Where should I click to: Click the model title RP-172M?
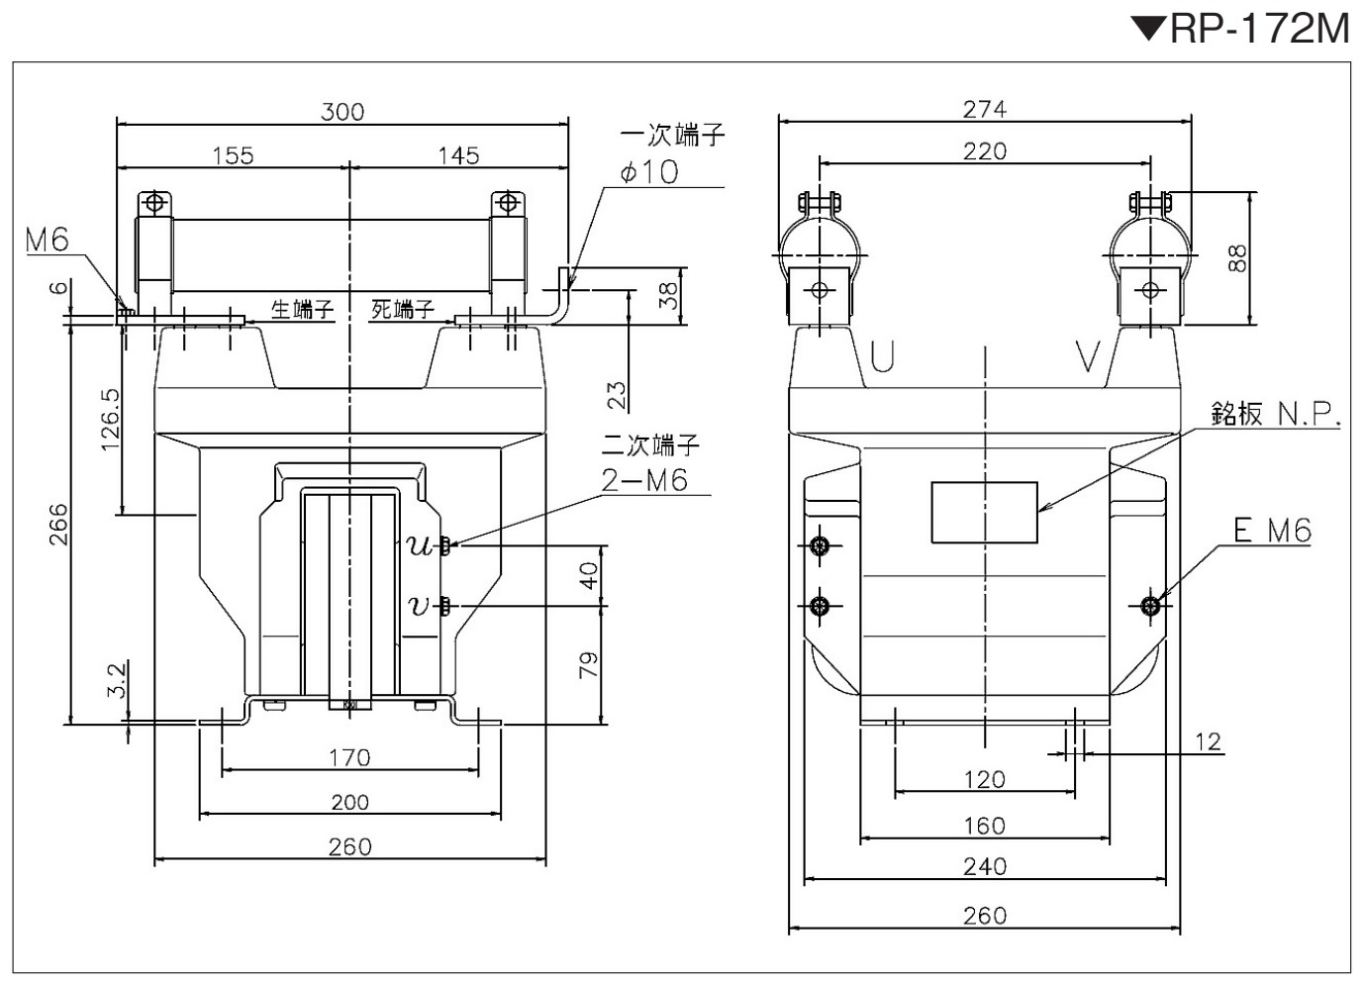(x=1259, y=30)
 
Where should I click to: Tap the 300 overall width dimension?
(x=342, y=112)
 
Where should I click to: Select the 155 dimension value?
(x=233, y=156)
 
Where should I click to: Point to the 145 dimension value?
(x=458, y=156)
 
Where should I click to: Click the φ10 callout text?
(x=649, y=172)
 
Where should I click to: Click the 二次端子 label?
(x=650, y=445)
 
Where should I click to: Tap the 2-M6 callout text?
(x=644, y=481)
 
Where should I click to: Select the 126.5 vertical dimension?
(x=111, y=421)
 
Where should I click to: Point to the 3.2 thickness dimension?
(x=118, y=680)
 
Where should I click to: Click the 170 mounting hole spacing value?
(x=349, y=758)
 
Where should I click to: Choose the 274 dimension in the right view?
(x=985, y=110)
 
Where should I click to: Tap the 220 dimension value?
(x=985, y=151)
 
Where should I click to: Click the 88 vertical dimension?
(x=1238, y=258)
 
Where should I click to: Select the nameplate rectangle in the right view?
(x=984, y=512)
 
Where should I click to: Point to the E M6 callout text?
(x=1272, y=530)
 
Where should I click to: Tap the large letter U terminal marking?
(x=882, y=356)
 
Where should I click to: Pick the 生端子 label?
(x=303, y=310)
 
